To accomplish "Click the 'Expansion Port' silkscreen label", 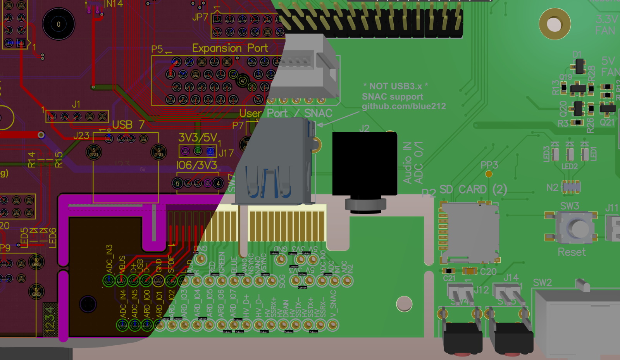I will pos(230,48).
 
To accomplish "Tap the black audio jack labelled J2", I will pos(364,164).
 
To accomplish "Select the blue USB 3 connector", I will pos(273,167).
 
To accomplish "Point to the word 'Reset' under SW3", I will pos(572,252).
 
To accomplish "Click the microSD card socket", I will pos(470,233).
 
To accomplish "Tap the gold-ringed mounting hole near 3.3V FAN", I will pos(555,24).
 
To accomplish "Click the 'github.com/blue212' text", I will pos(404,107).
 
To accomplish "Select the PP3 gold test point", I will pos(489,174).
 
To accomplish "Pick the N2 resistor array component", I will pos(571,187).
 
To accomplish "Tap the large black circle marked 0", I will pos(59,24).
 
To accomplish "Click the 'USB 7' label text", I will pos(128,125).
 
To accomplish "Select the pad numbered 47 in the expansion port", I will pos(243,81).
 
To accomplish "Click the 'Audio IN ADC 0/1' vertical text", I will pos(413,163).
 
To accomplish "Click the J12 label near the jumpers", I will pos(481,289).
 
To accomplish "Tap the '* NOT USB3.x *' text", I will pos(395,86).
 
